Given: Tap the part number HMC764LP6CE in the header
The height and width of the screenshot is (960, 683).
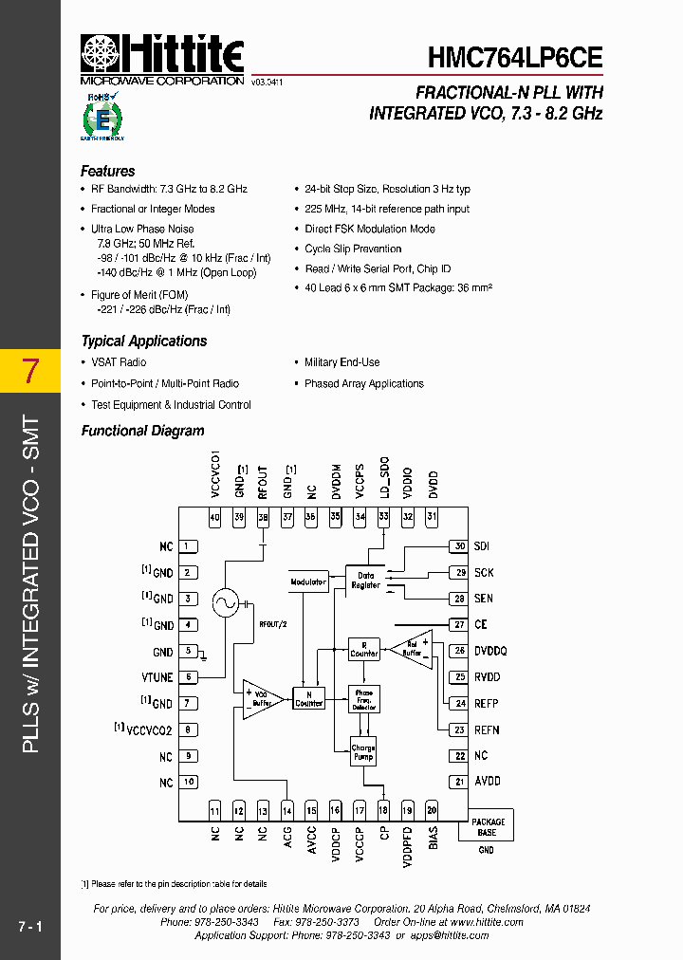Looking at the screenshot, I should pyautogui.click(x=514, y=57).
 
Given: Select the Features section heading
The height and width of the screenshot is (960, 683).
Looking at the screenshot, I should pyautogui.click(x=107, y=172).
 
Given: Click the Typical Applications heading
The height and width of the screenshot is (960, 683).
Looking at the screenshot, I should pyautogui.click(x=143, y=342).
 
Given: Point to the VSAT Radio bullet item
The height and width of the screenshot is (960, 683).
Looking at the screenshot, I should pyautogui.click(x=119, y=362).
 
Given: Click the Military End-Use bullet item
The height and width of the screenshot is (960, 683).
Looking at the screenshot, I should pyautogui.click(x=341, y=362).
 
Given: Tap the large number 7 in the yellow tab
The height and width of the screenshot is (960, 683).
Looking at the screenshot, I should pyautogui.click(x=30, y=371).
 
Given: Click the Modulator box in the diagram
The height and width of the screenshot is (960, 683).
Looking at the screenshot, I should pyautogui.click(x=307, y=582).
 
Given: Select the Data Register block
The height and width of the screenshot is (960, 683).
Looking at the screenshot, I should pyautogui.click(x=365, y=580).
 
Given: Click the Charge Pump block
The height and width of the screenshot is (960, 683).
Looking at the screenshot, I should pyautogui.click(x=362, y=752).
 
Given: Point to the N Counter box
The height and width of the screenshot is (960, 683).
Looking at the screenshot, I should pyautogui.click(x=308, y=697).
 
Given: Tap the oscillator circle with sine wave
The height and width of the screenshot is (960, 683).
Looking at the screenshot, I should pyautogui.click(x=226, y=602).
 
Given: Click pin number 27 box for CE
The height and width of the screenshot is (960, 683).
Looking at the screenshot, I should pyautogui.click(x=459, y=624).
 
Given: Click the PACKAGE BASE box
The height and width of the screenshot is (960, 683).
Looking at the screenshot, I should pyautogui.click(x=487, y=826).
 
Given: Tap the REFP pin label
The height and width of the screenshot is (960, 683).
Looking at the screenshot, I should pyautogui.click(x=486, y=704).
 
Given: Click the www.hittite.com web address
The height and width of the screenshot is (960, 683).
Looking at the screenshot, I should pyautogui.click(x=487, y=922).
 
